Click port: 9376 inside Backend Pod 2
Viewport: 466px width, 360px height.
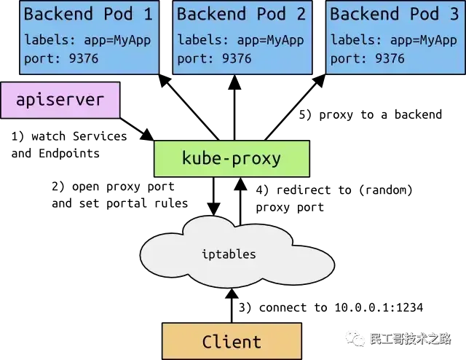click(215, 58)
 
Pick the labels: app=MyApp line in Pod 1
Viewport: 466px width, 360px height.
click(87, 40)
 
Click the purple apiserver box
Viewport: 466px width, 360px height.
click(60, 100)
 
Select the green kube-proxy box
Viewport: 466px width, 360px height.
click(231, 159)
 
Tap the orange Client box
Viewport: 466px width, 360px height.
click(231, 341)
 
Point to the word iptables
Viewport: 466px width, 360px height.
click(228, 254)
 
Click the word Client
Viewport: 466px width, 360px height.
click(231, 341)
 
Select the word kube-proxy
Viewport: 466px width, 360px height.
click(231, 159)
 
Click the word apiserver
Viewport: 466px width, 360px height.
click(60, 100)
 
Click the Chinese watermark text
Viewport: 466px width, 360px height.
click(411, 340)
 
